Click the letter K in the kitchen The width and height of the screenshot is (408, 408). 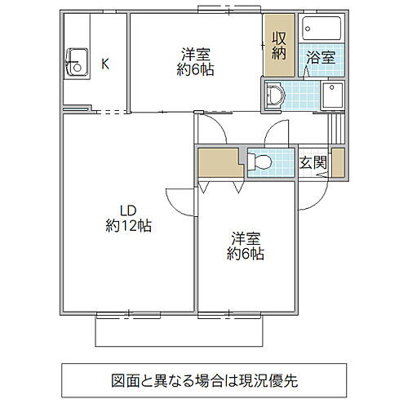pyautogui.click(x=104, y=63)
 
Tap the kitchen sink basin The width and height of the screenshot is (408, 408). pyautogui.click(x=78, y=60)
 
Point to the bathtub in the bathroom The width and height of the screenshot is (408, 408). pyautogui.click(x=321, y=30)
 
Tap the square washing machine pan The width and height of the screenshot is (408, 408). pyautogui.click(x=332, y=95)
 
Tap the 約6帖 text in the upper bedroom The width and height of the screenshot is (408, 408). pyautogui.click(x=197, y=70)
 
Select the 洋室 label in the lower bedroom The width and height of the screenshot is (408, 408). pyautogui.click(x=245, y=238)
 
